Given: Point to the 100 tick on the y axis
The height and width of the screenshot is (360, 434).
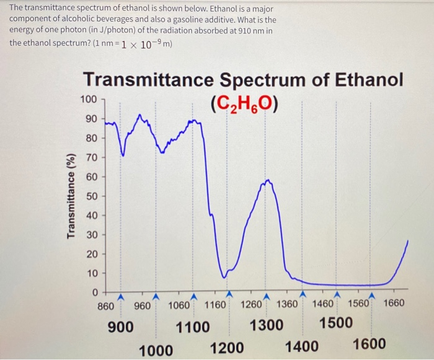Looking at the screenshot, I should click(x=89, y=99).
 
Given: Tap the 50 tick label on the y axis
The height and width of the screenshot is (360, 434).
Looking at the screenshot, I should click(x=91, y=196).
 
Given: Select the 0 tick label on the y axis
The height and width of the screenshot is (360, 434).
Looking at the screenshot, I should click(x=94, y=292).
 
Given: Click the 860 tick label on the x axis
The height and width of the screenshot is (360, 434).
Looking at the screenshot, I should click(x=106, y=304).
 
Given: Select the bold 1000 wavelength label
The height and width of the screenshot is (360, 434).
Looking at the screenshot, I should click(x=156, y=350).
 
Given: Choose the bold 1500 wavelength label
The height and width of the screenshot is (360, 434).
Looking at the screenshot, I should click(x=336, y=323).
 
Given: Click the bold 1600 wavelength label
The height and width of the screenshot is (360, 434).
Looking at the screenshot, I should click(x=370, y=345).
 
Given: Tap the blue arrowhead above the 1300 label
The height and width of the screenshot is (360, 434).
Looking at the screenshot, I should click(x=266, y=296).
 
